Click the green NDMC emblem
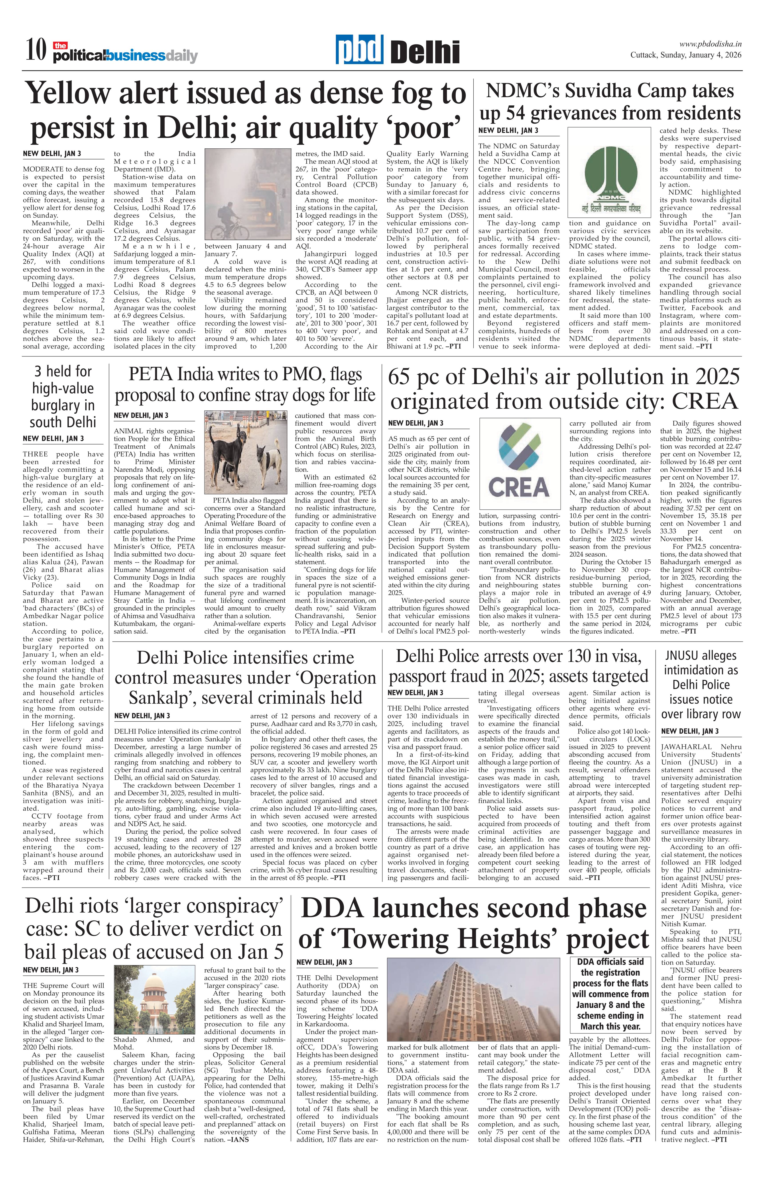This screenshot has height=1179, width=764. pyautogui.click(x=609, y=173)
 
